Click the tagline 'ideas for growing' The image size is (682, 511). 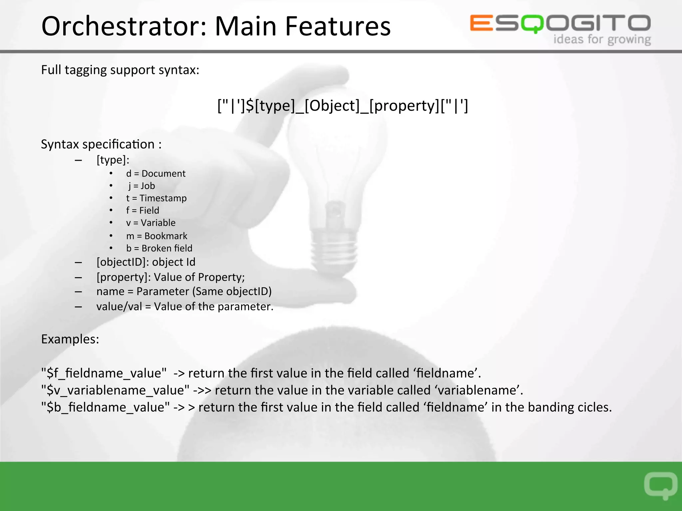click(x=602, y=40)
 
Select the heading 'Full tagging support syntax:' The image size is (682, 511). click(x=120, y=70)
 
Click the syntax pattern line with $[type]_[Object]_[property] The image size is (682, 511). click(x=343, y=106)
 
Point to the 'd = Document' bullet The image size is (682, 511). click(x=156, y=174)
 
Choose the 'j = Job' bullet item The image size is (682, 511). click(x=142, y=186)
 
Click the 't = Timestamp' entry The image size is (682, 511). click(x=156, y=198)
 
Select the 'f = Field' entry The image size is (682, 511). click(x=143, y=211)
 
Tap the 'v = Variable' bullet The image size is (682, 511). click(x=151, y=223)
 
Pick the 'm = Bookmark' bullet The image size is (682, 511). click(x=157, y=236)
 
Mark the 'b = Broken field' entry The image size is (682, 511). click(x=159, y=249)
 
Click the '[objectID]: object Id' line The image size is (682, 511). click(x=146, y=262)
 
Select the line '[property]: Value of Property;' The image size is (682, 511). click(x=170, y=277)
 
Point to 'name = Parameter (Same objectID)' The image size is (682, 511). click(x=184, y=291)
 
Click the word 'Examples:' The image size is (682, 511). click(x=70, y=339)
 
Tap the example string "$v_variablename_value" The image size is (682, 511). click(x=115, y=390)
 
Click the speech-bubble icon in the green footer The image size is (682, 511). click(x=661, y=485)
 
